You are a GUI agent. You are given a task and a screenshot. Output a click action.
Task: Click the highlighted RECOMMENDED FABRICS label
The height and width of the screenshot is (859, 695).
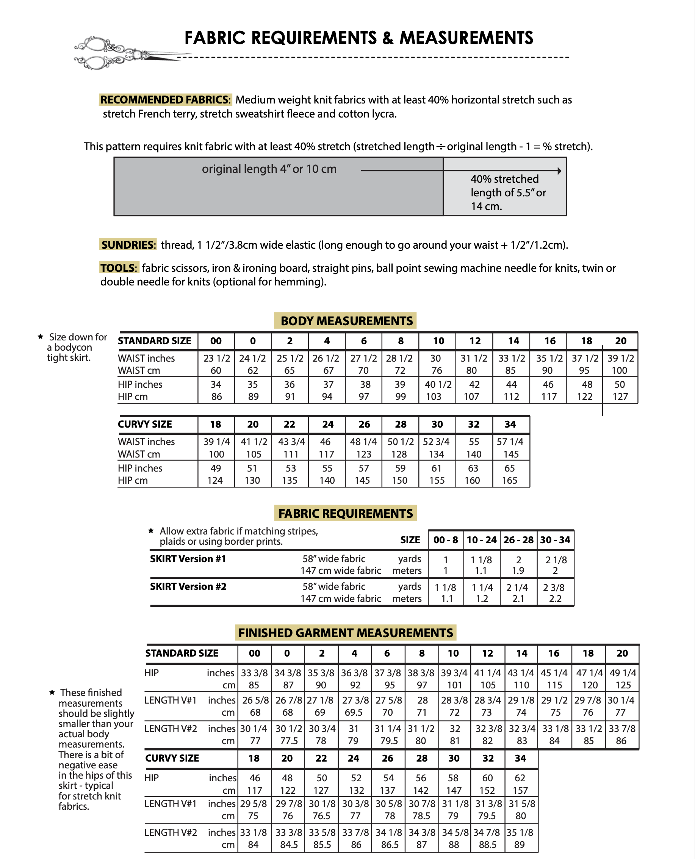click(165, 99)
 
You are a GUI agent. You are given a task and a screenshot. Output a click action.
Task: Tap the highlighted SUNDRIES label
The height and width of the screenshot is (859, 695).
click(128, 244)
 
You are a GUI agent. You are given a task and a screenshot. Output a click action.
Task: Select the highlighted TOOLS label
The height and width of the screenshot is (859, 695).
click(119, 268)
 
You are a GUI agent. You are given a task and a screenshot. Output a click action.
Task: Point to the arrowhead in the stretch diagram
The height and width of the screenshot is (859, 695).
click(559, 171)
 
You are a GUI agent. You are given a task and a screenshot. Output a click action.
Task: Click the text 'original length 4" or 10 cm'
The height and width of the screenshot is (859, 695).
click(269, 169)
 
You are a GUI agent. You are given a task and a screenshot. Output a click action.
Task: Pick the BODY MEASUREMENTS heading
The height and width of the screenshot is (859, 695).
click(346, 321)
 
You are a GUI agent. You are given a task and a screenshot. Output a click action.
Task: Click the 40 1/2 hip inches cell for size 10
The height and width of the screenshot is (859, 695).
click(438, 384)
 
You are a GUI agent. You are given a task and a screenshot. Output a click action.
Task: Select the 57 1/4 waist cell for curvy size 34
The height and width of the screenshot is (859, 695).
click(510, 442)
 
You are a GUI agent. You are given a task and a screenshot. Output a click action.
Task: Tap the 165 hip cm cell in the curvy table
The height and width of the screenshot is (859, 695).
click(510, 480)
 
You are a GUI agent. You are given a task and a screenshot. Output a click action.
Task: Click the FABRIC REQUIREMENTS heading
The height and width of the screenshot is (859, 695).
click(346, 513)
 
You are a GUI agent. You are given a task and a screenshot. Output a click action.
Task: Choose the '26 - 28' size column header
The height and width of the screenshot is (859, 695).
click(518, 540)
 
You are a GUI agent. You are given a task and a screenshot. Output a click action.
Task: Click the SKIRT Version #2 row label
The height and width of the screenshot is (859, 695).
click(188, 586)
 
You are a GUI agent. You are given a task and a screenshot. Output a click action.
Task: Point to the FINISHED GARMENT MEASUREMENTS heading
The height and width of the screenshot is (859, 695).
click(346, 633)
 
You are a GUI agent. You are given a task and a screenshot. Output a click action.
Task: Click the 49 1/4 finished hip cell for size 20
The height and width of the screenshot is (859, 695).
click(623, 673)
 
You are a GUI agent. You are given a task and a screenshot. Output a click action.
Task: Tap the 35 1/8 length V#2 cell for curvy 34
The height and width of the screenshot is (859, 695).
click(520, 832)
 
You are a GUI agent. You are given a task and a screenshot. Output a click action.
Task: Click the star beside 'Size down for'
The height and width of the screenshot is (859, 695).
click(41, 336)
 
